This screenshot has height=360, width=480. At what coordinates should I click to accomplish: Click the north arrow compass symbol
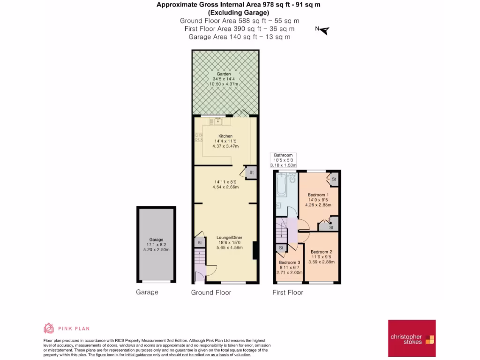323,30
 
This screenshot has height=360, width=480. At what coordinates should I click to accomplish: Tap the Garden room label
224,74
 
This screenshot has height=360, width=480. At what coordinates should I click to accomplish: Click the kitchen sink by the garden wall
216,121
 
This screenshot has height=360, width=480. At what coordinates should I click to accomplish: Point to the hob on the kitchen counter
198,136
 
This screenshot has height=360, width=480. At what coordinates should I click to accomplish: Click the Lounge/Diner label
229,237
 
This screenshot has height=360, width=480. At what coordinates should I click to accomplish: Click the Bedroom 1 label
318,195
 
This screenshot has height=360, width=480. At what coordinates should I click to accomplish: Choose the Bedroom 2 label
321,251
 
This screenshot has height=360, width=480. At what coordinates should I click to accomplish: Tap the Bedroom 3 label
289,262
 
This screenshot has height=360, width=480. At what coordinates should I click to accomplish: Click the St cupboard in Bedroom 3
281,248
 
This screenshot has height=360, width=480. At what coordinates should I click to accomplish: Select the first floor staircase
283,230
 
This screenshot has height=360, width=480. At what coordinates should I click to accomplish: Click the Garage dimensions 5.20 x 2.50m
157,249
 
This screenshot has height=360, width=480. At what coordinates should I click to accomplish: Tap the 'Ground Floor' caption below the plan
211,292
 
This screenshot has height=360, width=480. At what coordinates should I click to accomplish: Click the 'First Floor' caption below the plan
288,292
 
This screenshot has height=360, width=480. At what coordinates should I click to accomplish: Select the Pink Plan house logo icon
49,328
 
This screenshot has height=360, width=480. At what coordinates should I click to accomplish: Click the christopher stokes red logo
412,339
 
